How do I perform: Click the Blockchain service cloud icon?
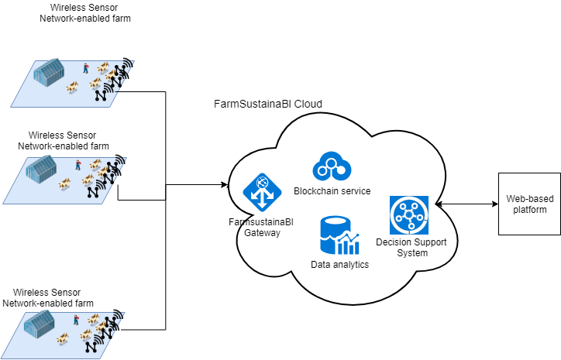[x=332, y=166]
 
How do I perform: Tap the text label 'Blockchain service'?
[x=332, y=191]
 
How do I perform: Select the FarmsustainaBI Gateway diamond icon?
[x=261, y=192]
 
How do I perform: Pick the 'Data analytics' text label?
[x=339, y=265]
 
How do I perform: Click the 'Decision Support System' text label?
[x=407, y=248]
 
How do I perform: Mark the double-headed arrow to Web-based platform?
[x=465, y=204]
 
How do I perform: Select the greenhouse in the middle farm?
[x=44, y=168]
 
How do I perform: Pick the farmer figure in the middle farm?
[x=78, y=164]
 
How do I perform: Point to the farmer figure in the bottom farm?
[x=76, y=319]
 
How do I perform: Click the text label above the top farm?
[x=84, y=13]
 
